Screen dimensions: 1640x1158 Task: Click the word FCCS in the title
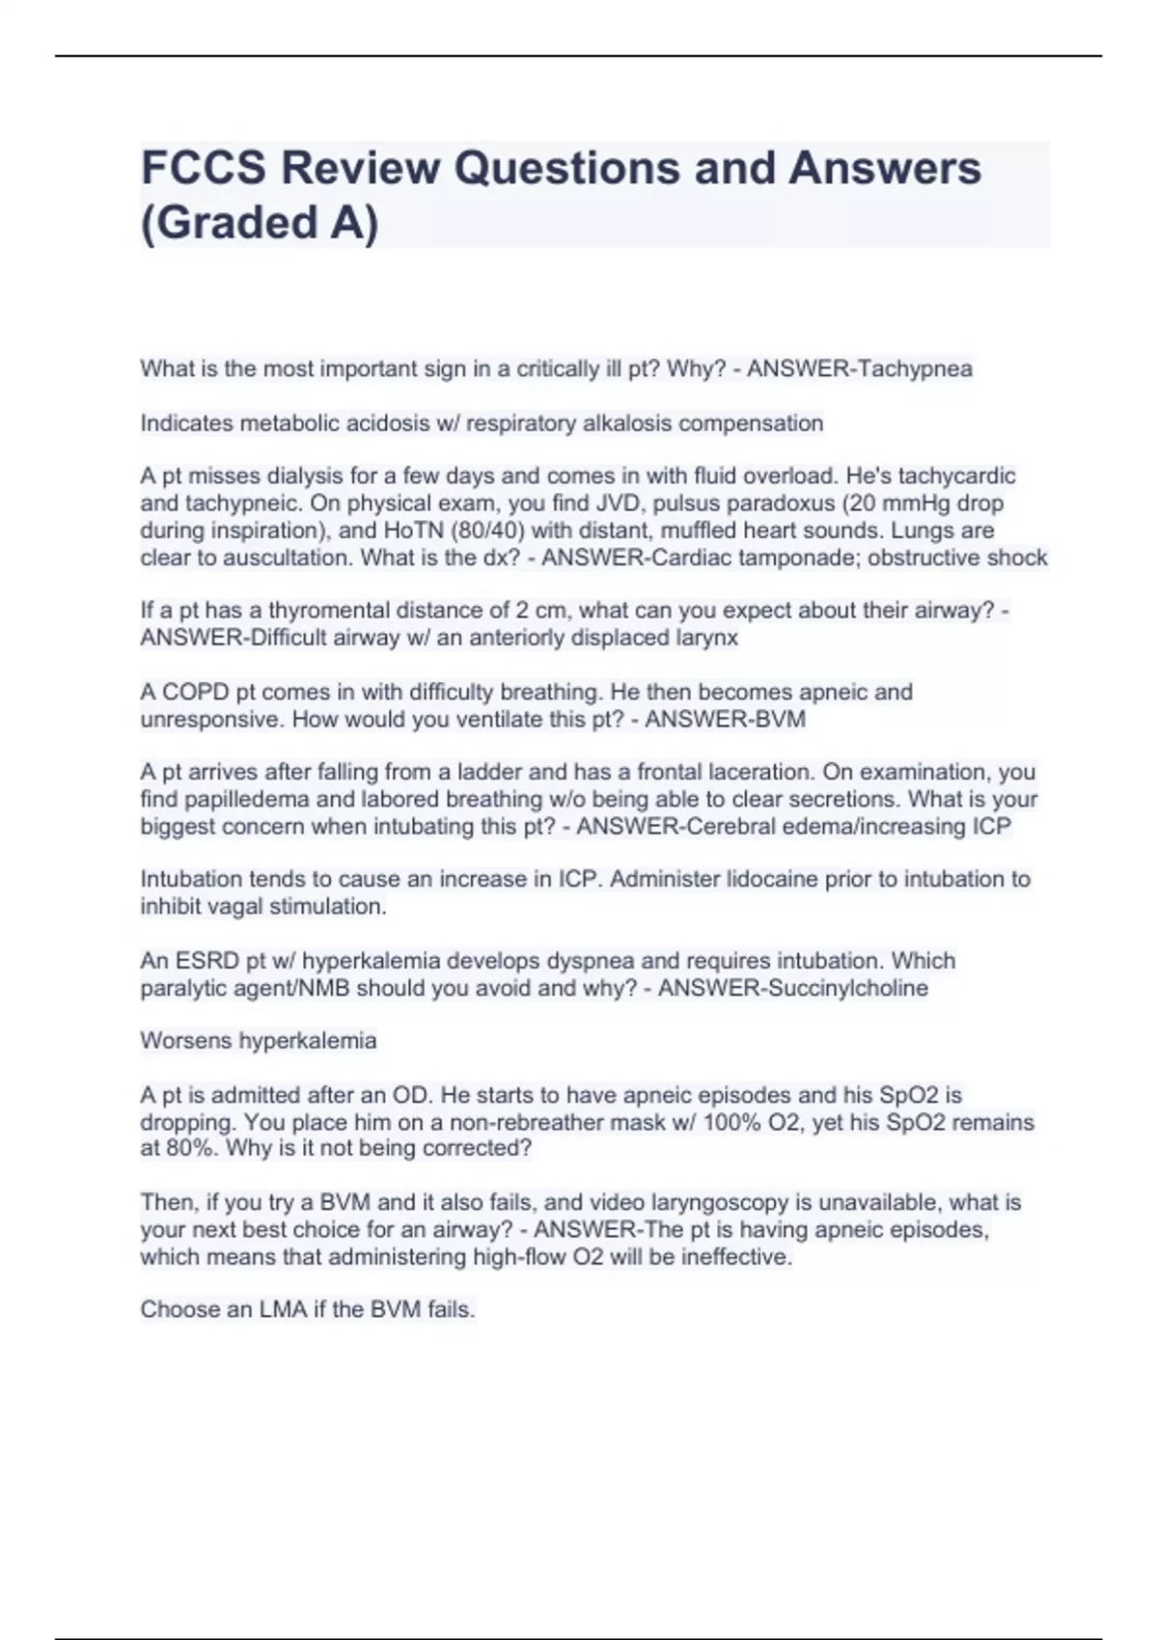(x=202, y=168)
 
